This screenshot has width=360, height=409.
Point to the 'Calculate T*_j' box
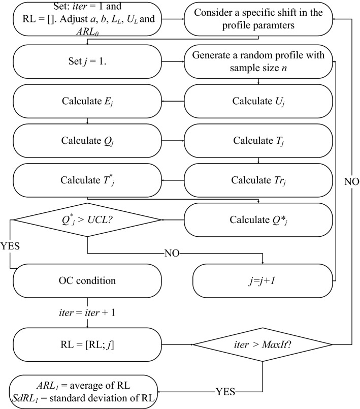click(x=88, y=181)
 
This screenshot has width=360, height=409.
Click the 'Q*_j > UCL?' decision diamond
click(x=88, y=220)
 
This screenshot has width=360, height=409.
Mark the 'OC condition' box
click(x=88, y=280)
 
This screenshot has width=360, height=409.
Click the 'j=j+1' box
click(x=262, y=281)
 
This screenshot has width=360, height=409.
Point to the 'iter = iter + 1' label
click(x=88, y=313)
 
